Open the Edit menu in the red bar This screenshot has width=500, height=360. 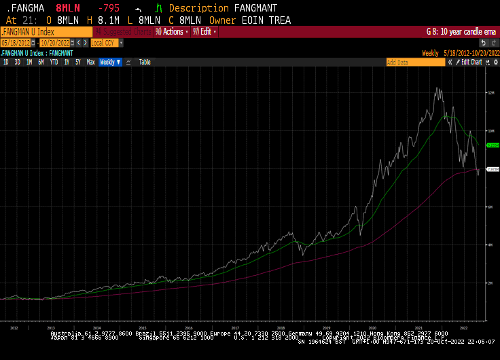tap(204, 31)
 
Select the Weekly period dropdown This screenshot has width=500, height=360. tap(109, 62)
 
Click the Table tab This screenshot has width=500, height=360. tap(145, 62)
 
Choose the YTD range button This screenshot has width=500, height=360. tap(54, 62)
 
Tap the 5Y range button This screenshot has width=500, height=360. tap(78, 62)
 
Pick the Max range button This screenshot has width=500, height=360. tap(90, 62)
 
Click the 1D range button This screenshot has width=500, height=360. tap(6, 62)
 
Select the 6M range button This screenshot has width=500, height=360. tap(41, 62)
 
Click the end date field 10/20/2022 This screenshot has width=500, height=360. tap(55, 42)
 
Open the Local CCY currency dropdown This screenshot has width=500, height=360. tap(107, 42)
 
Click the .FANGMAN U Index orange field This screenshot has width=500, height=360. tap(46, 31)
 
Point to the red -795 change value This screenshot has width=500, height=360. tap(108, 8)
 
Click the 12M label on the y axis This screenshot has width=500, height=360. tap(490, 92)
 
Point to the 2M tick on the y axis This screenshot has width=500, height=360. tap(490, 283)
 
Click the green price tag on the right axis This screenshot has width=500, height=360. tap(493, 145)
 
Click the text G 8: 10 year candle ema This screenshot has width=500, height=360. tap(461, 31)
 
